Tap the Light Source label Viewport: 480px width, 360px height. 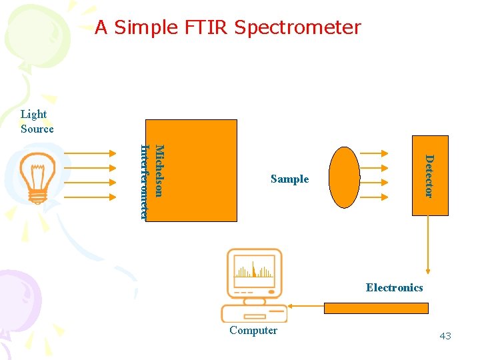(x=37, y=122)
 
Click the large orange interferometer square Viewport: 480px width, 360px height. (x=200, y=170)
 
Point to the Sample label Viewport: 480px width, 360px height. (x=289, y=179)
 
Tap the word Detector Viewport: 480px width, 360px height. (x=429, y=176)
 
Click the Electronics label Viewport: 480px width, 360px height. (x=394, y=287)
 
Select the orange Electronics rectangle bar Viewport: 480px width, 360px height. (x=376, y=308)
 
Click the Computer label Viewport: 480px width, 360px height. (x=253, y=330)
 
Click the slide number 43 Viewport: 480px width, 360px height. (x=445, y=336)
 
